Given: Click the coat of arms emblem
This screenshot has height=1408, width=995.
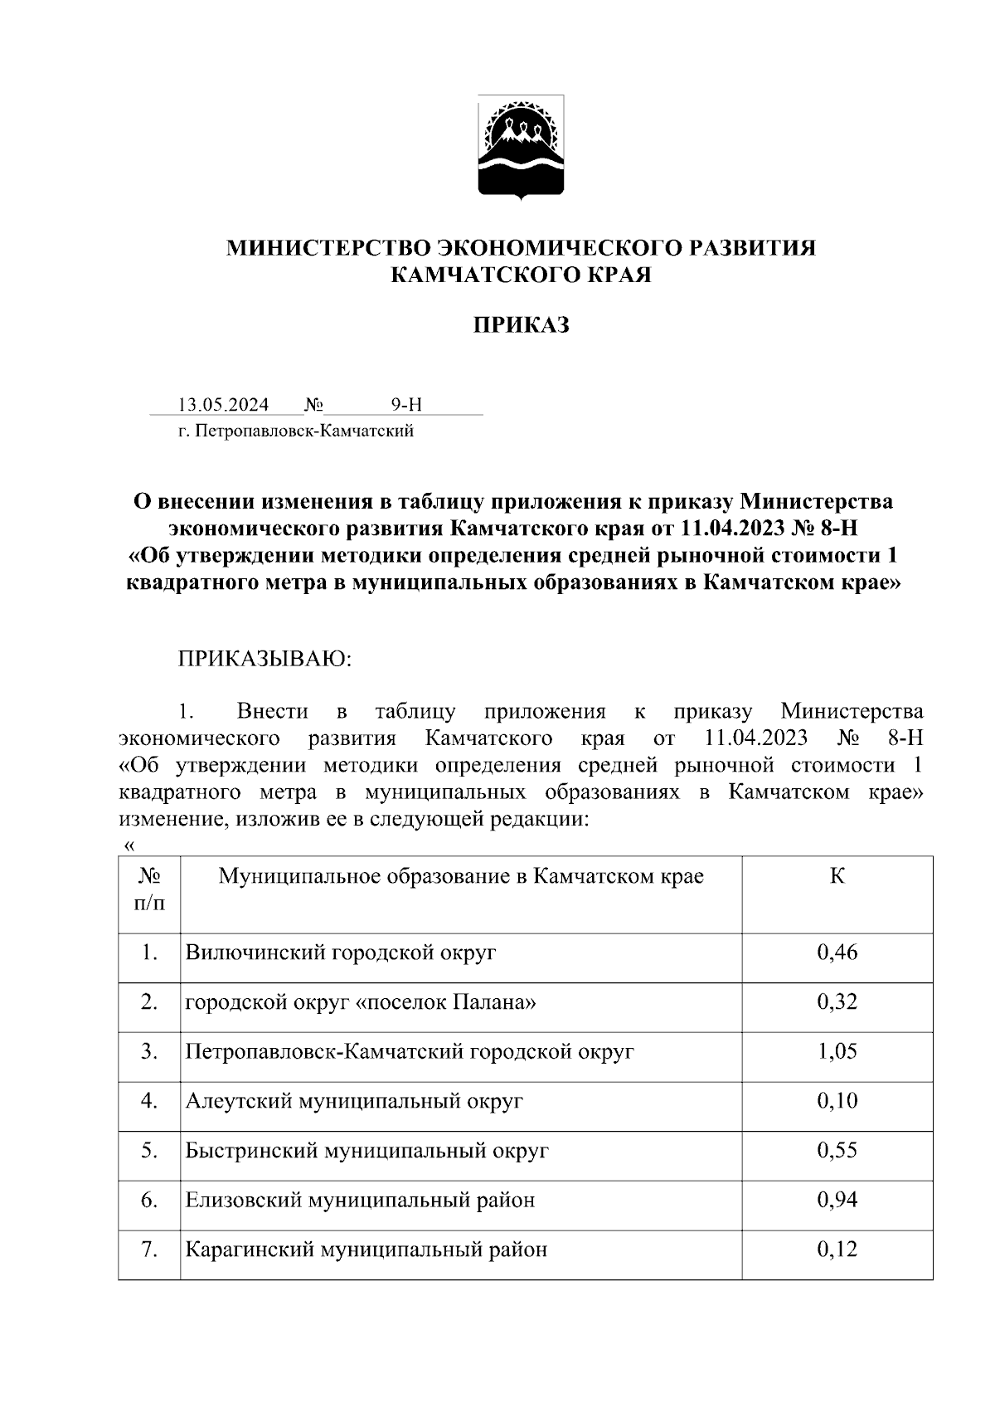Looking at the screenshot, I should pyautogui.click(x=520, y=148).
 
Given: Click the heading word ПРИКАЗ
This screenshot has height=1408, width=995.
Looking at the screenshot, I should pyautogui.click(x=521, y=325).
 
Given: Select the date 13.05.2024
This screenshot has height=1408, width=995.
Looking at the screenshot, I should pyautogui.click(x=223, y=405).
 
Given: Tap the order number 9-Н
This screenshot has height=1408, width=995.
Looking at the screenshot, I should pyautogui.click(x=406, y=405).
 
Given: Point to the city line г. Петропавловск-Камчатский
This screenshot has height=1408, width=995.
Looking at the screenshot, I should pyautogui.click(x=295, y=431).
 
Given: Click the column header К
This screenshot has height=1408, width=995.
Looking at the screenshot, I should pyautogui.click(x=837, y=877).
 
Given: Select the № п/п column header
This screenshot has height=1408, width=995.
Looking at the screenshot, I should pyautogui.click(x=149, y=889).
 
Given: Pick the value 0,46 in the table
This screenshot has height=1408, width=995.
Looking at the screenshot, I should pyautogui.click(x=837, y=952).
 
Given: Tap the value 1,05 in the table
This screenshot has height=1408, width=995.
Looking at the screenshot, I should pyautogui.click(x=837, y=1052).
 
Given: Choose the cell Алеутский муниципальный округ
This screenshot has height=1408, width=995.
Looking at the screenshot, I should pyautogui.click(x=354, y=1102).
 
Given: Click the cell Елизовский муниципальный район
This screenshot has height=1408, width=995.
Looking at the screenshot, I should pyautogui.click(x=360, y=1201).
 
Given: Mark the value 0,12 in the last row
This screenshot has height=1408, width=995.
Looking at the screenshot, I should pyautogui.click(x=837, y=1250).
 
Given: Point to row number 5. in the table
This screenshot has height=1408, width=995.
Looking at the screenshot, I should pyautogui.click(x=149, y=1151).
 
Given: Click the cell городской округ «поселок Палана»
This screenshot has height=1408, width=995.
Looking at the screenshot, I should pyautogui.click(x=361, y=1002).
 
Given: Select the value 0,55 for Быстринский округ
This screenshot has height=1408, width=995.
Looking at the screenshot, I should pyautogui.click(x=837, y=1151).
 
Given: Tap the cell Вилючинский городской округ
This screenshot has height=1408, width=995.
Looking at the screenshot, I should pyautogui.click(x=341, y=952).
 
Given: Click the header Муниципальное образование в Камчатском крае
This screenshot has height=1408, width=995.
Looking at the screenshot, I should pyautogui.click(x=461, y=877).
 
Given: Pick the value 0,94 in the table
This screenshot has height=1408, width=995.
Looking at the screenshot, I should pyautogui.click(x=837, y=1201).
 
